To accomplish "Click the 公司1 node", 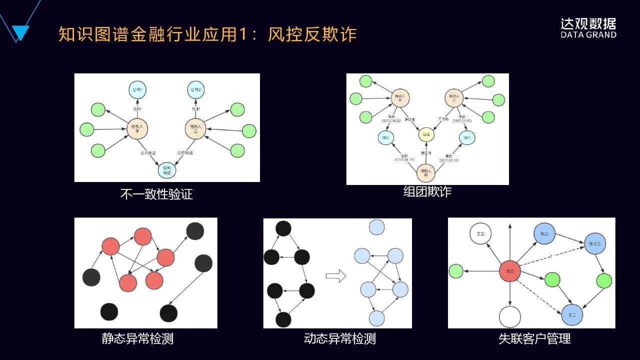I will [x=137, y=90].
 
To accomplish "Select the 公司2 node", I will [x=196, y=90].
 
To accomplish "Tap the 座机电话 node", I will [x=167, y=170].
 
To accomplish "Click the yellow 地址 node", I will [x=427, y=134].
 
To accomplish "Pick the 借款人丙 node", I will [x=426, y=173].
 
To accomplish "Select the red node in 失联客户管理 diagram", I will [x=510, y=271].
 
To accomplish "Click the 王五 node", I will [x=480, y=233].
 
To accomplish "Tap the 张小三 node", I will [x=594, y=243].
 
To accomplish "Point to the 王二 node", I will [x=572, y=315].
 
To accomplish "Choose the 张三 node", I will [x=544, y=233].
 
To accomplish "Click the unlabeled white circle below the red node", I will [x=510, y=317].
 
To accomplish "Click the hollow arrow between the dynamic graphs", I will [x=335, y=275].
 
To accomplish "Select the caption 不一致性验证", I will [x=156, y=194].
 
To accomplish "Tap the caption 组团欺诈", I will [x=427, y=191].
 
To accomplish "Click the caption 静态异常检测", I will [x=137, y=339].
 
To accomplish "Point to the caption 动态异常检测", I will [x=340, y=339].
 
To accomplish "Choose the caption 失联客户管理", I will [x=534, y=339].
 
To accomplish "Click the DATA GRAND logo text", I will [x=588, y=35].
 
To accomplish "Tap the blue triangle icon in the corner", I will [x=20, y=32].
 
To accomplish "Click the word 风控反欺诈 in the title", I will [x=312, y=34].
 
